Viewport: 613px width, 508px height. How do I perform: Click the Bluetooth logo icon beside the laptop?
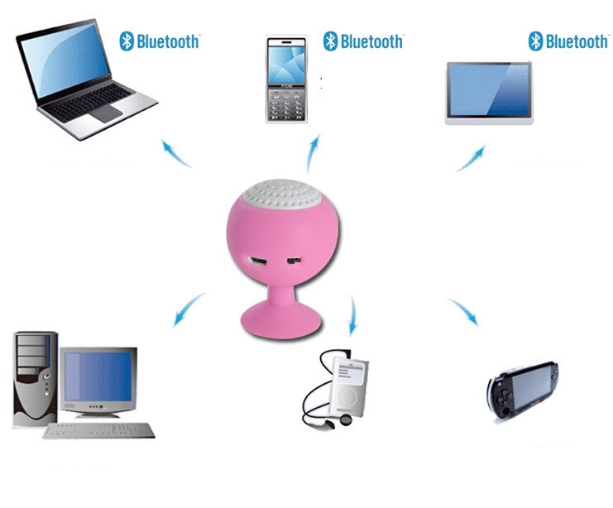click(x=127, y=41)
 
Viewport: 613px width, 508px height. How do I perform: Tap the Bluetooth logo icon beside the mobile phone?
click(x=330, y=41)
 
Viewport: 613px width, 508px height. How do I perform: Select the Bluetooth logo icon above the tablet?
click(x=535, y=41)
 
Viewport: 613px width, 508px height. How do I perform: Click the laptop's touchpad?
click(x=107, y=113)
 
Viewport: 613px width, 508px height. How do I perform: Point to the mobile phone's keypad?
click(x=286, y=105)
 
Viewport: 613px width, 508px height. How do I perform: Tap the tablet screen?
click(x=489, y=90)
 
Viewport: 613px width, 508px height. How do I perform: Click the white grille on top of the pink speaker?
click(x=282, y=193)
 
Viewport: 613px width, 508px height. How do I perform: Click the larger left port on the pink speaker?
click(x=258, y=261)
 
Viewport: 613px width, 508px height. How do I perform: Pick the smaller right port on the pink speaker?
click(x=293, y=261)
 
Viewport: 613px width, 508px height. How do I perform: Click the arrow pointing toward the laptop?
click(x=175, y=153)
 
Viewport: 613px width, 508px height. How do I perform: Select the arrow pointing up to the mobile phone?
click(x=313, y=154)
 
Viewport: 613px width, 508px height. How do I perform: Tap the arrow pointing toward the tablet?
click(x=471, y=158)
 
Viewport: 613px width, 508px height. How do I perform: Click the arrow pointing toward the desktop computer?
click(x=188, y=309)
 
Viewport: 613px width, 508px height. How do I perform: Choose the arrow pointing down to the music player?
click(x=353, y=315)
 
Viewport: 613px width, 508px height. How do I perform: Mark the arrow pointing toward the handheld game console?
click(x=463, y=311)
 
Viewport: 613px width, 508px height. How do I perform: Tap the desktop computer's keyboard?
click(x=98, y=430)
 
